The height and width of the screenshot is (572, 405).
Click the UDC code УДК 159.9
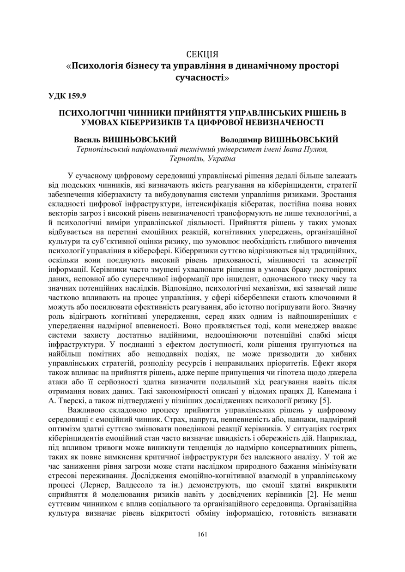[67, 96]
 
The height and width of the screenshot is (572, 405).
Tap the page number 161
[202, 534]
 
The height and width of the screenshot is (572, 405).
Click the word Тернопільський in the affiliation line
[103, 149]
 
